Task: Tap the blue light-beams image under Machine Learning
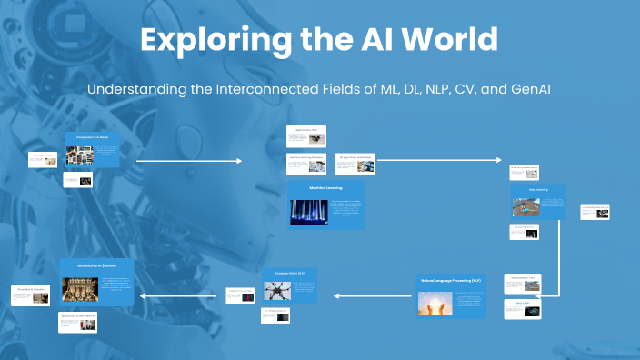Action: point(309,212)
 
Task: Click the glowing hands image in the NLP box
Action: point(436,304)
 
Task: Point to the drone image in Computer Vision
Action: point(277,290)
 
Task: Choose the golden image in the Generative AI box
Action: point(80,289)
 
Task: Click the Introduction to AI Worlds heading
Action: point(91,136)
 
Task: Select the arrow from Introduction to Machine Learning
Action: point(189,160)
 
